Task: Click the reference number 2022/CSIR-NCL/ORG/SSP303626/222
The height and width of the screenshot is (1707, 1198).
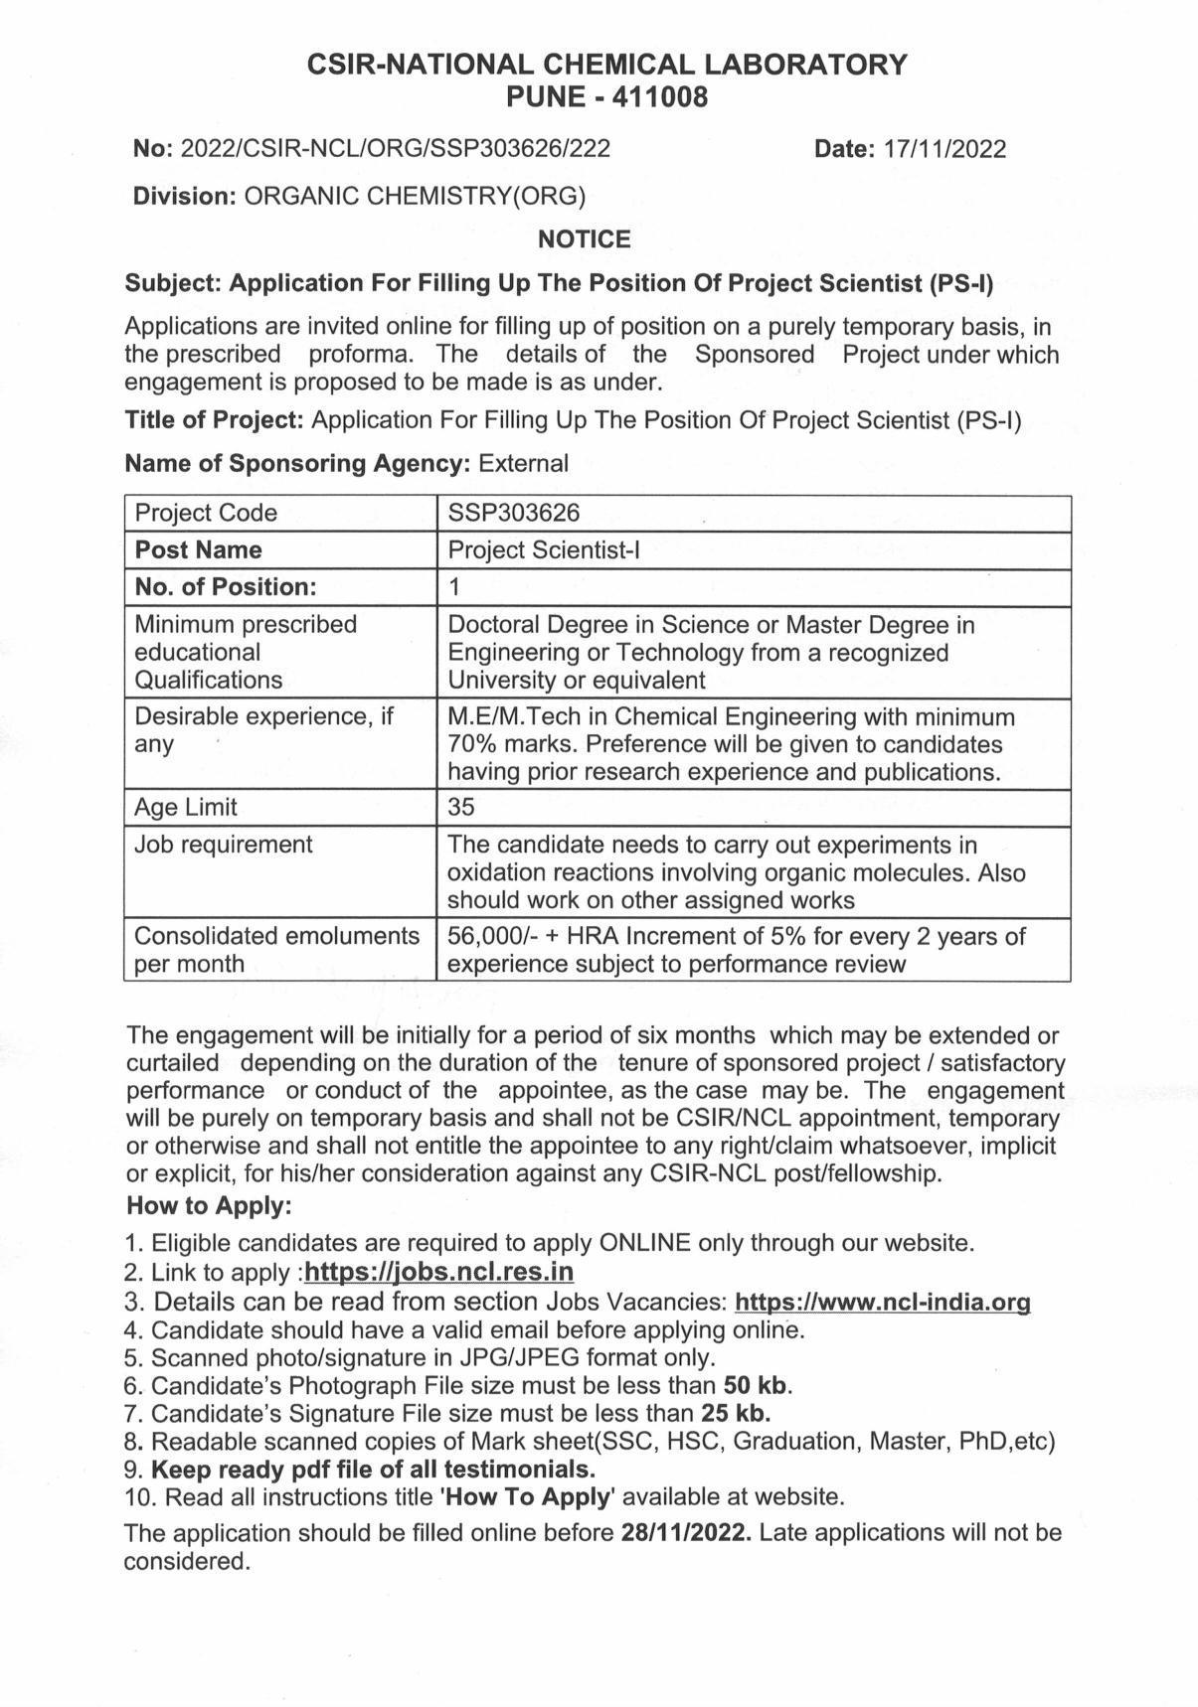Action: (396, 149)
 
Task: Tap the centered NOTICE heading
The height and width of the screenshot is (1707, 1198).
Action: (584, 239)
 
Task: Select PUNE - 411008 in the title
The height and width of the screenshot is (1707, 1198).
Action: (606, 97)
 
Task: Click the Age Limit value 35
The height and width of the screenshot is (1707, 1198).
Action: (461, 807)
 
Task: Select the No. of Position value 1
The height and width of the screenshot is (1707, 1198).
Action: (454, 587)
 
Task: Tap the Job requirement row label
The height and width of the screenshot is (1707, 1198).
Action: (223, 845)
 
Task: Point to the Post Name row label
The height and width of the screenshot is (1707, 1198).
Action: (198, 550)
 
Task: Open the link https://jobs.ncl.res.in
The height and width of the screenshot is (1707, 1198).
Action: (438, 1272)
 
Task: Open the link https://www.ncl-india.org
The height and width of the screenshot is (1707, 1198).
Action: (881, 1302)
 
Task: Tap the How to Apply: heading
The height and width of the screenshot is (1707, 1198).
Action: (209, 1206)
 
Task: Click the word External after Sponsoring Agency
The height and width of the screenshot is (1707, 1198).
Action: (523, 463)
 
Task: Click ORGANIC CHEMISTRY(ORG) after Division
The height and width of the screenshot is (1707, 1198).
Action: (415, 196)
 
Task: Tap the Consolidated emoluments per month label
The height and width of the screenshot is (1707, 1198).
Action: (276, 950)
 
